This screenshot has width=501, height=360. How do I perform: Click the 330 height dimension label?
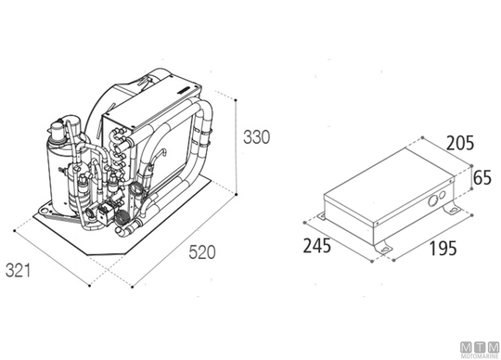tap(257, 136)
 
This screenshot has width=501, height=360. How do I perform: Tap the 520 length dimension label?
tap(202, 252)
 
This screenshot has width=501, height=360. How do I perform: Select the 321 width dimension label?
tap(19, 271)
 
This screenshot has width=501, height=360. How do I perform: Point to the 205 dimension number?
tap(460, 143)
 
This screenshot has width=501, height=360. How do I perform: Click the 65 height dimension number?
tap(482, 177)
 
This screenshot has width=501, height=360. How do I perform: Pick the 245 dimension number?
tap(317, 246)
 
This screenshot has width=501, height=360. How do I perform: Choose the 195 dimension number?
tap(443, 249)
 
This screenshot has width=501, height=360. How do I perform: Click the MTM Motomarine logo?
tap(480, 350)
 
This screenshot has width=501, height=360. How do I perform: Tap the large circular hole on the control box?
tap(433, 201)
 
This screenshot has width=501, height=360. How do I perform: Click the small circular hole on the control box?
tap(443, 195)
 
